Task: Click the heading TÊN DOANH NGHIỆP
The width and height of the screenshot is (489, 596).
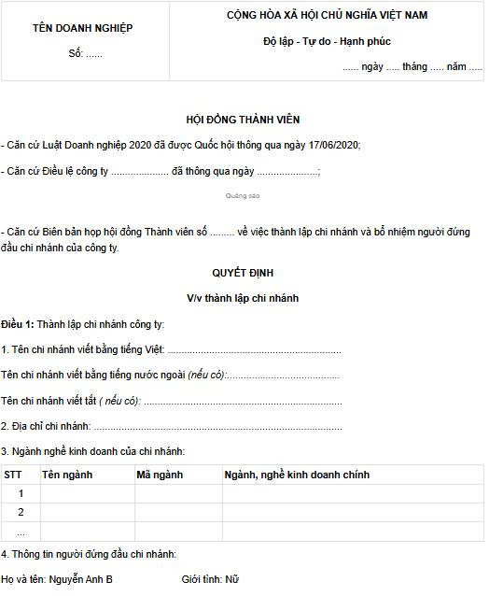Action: (x=83, y=28)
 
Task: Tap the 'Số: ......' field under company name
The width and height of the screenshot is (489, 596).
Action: (x=85, y=53)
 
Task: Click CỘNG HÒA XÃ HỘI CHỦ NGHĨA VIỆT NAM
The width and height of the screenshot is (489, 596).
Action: (x=328, y=16)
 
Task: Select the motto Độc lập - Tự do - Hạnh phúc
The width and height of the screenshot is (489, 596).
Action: (x=327, y=42)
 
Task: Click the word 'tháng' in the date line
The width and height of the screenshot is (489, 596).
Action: (x=414, y=67)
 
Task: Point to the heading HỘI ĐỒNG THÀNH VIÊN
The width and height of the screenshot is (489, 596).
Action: (x=243, y=120)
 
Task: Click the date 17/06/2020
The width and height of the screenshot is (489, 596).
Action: (x=331, y=145)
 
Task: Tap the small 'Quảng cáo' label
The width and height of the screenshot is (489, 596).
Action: (x=243, y=195)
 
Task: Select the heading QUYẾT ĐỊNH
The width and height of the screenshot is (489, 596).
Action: (x=243, y=273)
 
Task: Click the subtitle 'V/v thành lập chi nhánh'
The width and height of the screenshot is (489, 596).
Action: (x=243, y=298)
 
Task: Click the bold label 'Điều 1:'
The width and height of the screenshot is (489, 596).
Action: (x=18, y=324)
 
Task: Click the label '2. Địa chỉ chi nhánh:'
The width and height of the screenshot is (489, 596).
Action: (x=45, y=426)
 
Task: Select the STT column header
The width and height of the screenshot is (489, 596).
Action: (x=14, y=475)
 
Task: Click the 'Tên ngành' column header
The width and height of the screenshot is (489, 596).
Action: (x=67, y=475)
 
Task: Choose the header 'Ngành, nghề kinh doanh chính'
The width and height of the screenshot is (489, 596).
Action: (x=298, y=475)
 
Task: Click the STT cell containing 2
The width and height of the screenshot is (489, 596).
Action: (x=21, y=512)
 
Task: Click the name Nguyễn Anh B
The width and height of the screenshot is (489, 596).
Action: (x=83, y=579)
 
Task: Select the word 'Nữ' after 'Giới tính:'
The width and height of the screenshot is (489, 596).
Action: (x=232, y=579)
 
